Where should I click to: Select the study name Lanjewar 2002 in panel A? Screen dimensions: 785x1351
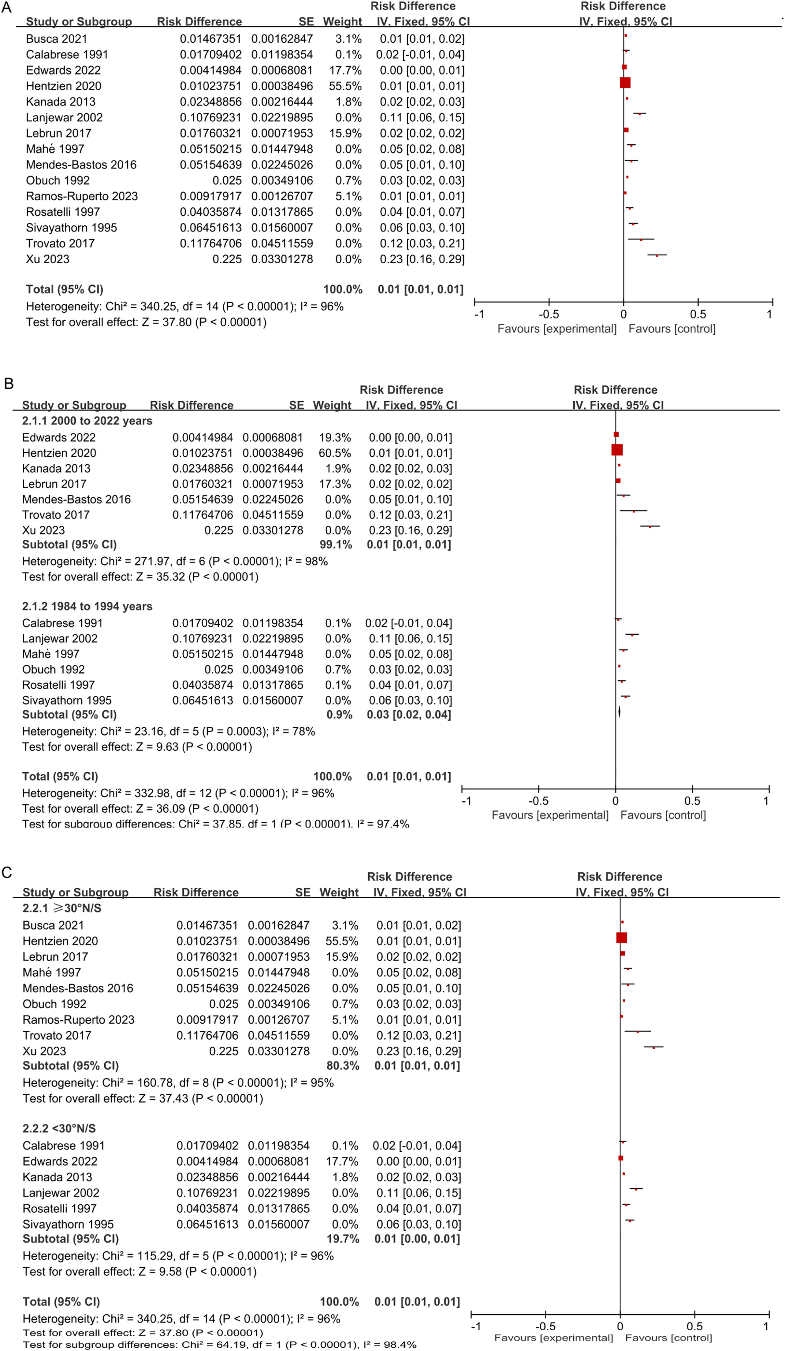pyautogui.click(x=64, y=117)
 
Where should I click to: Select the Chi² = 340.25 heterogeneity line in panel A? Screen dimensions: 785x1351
pyautogui.click(x=185, y=307)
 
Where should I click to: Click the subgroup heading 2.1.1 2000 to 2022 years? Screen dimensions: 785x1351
pyautogui.click(x=87, y=421)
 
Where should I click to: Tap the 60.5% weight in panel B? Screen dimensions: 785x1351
pyautogui.click(x=335, y=453)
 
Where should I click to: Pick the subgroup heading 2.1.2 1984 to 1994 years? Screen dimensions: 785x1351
pyautogui.click(x=87, y=606)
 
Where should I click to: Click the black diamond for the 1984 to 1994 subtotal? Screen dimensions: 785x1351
pyautogui.click(x=619, y=711)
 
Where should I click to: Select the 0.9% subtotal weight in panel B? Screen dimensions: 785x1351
pyautogui.click(x=339, y=714)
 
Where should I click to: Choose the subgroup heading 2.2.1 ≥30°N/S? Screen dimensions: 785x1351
pyautogui.click(x=62, y=908)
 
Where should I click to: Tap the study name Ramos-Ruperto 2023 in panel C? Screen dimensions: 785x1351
pyautogui.click(x=78, y=1020)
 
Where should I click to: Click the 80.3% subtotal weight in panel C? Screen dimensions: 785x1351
pyautogui.click(x=343, y=1066)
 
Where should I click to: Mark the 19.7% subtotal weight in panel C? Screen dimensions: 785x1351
pyautogui.click(x=343, y=1239)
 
